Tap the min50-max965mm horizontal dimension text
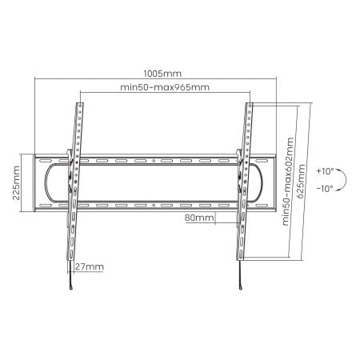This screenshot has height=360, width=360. tap(165, 87)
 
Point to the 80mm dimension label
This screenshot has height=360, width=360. tap(198, 217)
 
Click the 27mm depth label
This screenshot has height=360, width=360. tap(90, 266)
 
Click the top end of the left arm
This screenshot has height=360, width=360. tap(80, 103)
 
